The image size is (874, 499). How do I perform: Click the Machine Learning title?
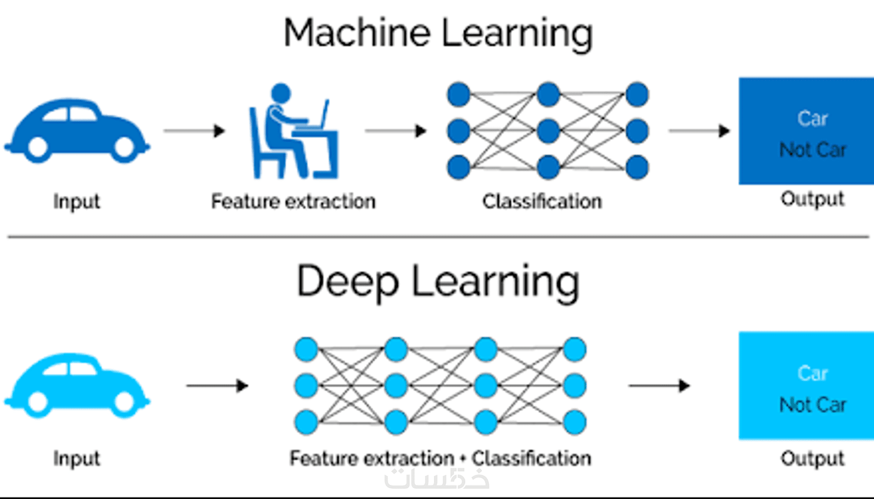point(438,33)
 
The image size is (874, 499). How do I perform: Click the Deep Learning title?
point(438,282)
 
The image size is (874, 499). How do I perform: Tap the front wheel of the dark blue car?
point(124,148)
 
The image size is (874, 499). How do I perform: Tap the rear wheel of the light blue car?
point(38,403)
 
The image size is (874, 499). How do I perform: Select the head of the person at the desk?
point(281,93)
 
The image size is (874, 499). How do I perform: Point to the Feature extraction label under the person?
point(293,201)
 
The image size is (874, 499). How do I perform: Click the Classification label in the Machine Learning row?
point(542,201)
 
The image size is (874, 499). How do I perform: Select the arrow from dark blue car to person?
point(194,131)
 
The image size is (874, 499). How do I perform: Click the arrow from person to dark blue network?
point(395,131)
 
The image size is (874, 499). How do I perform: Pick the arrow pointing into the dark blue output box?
point(699,131)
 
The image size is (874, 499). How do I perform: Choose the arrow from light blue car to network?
point(217,385)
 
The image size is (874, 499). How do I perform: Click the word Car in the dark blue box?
point(813,119)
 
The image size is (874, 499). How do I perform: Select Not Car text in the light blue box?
point(813,405)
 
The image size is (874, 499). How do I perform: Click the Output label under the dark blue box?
point(812,199)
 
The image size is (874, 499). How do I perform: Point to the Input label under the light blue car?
point(77,458)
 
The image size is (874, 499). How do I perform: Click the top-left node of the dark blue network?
point(459,95)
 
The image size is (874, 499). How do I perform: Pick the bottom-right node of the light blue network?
point(575,422)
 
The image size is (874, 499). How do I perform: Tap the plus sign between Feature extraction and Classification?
point(463,459)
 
